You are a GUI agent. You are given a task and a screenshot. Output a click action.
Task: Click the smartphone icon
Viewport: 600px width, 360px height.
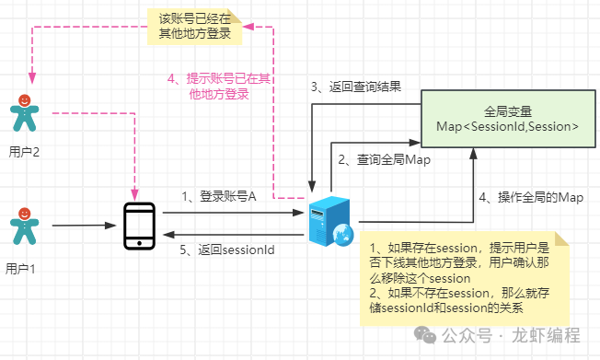tap(139, 226)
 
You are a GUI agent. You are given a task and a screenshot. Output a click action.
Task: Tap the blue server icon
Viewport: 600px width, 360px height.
tap(330, 221)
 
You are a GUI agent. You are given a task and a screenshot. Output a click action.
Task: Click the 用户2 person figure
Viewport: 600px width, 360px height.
tap(25, 113)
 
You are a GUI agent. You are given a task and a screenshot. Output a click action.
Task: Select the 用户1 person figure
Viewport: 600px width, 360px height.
tap(25, 226)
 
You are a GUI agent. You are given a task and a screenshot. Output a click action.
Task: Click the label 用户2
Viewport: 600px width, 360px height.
tap(24, 152)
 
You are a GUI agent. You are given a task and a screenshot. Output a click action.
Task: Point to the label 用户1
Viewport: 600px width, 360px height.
tap(20, 269)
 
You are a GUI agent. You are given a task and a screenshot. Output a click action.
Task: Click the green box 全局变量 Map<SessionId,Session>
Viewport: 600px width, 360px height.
tap(508, 119)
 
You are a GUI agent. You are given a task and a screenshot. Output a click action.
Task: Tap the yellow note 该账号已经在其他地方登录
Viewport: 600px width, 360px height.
tap(195, 27)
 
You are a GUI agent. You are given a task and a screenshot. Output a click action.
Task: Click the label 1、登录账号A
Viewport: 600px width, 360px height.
tap(218, 196)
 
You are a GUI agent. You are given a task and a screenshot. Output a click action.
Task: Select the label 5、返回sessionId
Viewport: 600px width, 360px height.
tap(227, 250)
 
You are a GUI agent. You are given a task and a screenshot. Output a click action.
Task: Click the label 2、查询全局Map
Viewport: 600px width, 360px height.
tap(384, 159)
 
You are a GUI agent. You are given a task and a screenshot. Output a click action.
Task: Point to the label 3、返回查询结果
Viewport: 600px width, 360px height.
tap(356, 87)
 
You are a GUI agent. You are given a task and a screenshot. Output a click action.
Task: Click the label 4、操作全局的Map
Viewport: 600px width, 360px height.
tap(531, 197)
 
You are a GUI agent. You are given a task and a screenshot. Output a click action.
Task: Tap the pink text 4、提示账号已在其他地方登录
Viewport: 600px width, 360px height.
tap(219, 87)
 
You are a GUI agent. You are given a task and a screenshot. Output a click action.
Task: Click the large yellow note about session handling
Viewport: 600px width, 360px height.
tap(465, 278)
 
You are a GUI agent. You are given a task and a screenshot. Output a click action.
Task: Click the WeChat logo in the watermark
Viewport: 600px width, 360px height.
tap(425, 335)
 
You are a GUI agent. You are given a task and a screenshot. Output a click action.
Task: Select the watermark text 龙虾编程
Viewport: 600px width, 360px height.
tap(546, 335)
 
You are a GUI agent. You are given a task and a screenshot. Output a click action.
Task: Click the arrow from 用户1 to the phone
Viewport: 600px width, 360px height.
tap(84, 226)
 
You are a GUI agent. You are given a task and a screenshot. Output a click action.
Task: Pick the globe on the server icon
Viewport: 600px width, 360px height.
tap(343, 235)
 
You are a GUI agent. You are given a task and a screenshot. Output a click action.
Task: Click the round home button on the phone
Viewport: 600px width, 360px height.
tap(139, 243)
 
